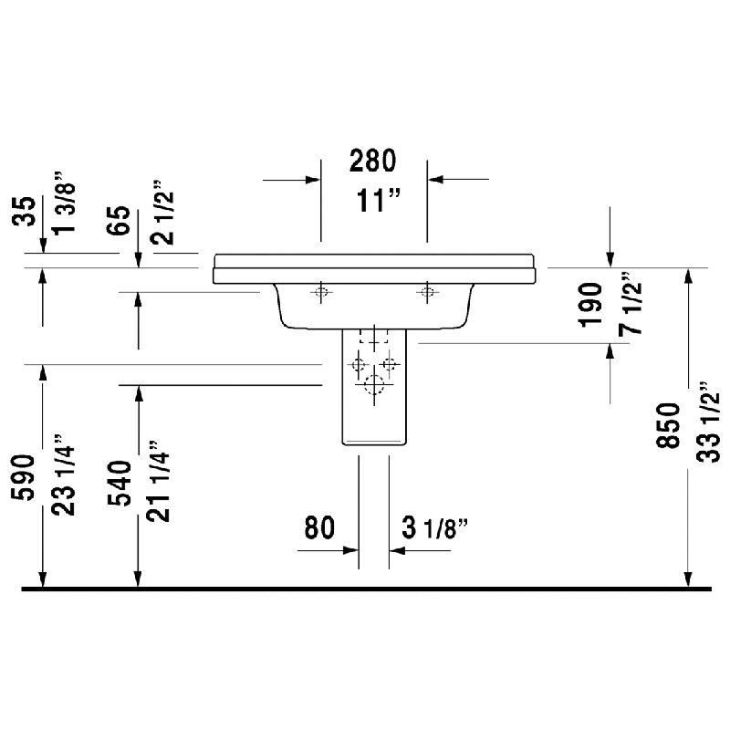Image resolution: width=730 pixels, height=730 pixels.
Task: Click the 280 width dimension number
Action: pyautogui.click(x=372, y=161)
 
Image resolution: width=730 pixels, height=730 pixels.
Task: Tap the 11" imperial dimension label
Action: pyautogui.click(x=378, y=201)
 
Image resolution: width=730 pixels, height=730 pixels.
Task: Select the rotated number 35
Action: pyautogui.click(x=25, y=212)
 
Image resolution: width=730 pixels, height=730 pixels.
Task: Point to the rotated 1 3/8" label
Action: pyautogui.click(x=64, y=203)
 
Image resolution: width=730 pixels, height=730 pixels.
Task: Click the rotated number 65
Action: pyautogui.click(x=120, y=220)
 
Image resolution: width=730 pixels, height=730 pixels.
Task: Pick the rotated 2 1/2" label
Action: pyautogui.click(x=162, y=212)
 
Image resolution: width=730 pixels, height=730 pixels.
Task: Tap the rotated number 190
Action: pyautogui.click(x=590, y=305)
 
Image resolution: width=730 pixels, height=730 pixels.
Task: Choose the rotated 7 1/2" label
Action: pyautogui.click(x=631, y=303)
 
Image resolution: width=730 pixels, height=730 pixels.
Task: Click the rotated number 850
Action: pyautogui.click(x=669, y=425)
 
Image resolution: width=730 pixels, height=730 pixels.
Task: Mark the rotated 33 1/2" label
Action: pyautogui.click(x=708, y=422)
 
